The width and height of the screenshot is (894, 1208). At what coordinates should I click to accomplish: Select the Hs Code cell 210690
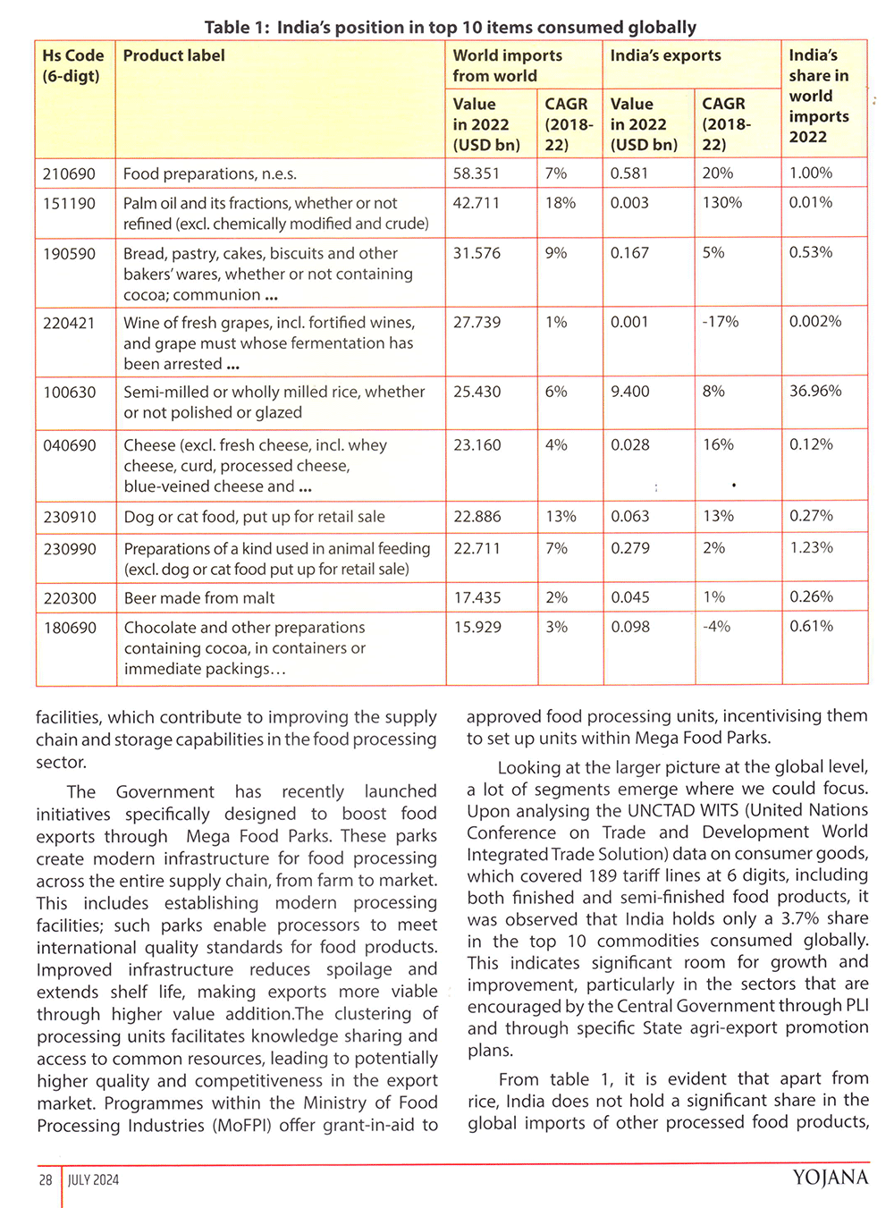69,173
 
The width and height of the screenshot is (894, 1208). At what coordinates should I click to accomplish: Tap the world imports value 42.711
476,203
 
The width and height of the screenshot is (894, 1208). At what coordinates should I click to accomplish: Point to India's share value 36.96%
814,391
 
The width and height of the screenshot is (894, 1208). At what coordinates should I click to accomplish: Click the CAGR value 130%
721,203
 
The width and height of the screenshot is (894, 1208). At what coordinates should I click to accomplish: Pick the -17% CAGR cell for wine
720,322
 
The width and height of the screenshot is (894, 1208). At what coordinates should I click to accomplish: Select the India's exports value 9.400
629,391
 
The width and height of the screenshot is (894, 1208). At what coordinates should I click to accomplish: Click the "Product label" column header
173,55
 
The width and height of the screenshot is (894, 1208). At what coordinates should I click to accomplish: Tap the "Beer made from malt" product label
199,598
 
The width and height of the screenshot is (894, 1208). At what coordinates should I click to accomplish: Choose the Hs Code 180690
70,628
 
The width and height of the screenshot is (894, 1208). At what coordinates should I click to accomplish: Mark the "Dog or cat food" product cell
254,517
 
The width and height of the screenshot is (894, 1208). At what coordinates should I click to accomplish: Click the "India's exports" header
665,55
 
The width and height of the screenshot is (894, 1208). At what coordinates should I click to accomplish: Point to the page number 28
46,1180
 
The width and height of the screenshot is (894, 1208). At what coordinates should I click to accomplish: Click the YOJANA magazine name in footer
830,1178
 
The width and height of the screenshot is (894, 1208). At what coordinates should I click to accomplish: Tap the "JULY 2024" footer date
93,1180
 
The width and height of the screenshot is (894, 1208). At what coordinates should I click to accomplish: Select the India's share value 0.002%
814,322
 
